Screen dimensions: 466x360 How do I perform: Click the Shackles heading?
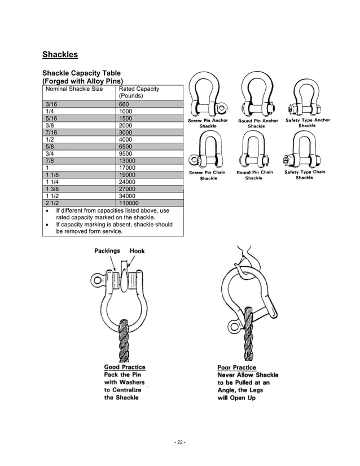pos(60,55)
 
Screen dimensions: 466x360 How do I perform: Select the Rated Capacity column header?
pos(139,92)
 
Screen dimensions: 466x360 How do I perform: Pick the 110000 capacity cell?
pos(129,203)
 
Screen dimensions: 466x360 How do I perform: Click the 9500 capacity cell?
pos(126,153)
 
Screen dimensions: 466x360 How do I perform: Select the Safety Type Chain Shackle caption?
pos(305,175)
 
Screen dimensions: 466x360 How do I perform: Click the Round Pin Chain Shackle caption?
pos(254,175)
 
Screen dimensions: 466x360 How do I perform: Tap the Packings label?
pos(107,250)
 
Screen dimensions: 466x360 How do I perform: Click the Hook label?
pos(137,250)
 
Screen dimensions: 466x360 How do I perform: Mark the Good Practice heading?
pos(124,368)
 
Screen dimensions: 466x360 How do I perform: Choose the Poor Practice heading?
pos(236,368)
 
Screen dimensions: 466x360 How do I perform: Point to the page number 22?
pos(180,442)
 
